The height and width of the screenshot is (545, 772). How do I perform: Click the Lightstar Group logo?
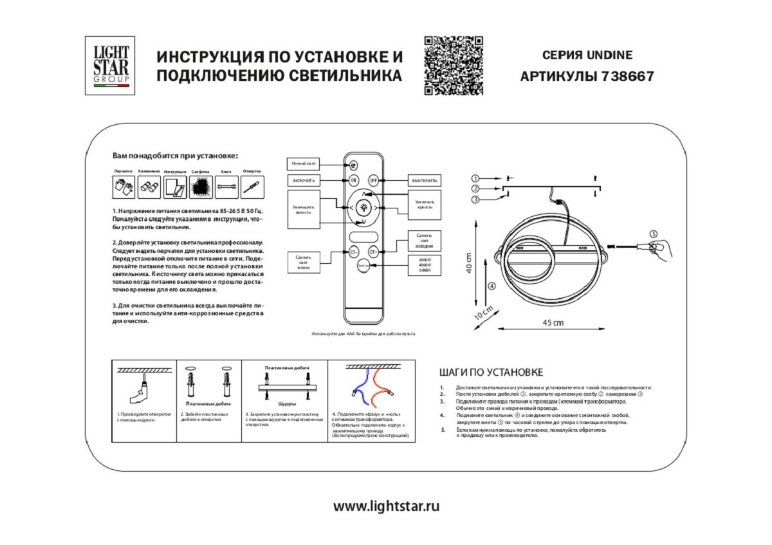pyautogui.click(x=110, y=65)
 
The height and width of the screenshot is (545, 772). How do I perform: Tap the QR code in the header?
pyautogui.click(x=453, y=66)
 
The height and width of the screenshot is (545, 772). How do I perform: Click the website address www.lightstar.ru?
pyautogui.click(x=386, y=506)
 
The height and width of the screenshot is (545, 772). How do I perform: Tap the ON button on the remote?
pyautogui.click(x=354, y=181)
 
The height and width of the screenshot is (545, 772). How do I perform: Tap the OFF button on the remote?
pyautogui.click(x=373, y=181)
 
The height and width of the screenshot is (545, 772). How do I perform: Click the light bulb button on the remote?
pyautogui.click(x=363, y=208)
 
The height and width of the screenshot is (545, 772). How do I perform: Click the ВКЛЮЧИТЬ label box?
pyautogui.click(x=304, y=181)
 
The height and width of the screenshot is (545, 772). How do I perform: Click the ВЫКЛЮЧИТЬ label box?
pyautogui.click(x=425, y=181)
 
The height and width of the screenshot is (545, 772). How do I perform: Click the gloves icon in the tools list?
pyautogui.click(x=124, y=187)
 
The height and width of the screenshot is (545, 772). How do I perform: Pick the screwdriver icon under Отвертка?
pyautogui.click(x=251, y=187)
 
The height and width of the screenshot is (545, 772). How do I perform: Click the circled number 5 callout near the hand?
pyautogui.click(x=653, y=234)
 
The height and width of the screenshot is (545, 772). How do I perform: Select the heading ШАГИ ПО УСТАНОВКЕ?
pyautogui.click(x=492, y=373)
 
